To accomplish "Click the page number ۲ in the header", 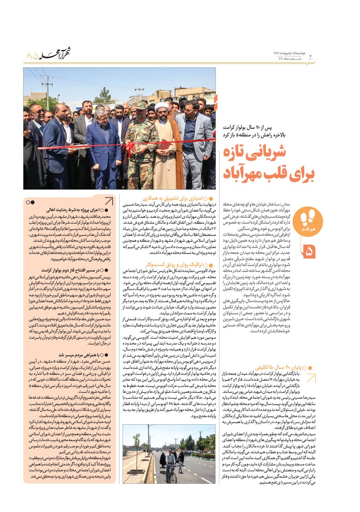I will pos(311,57).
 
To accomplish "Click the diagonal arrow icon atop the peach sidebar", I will pos(108,201).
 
